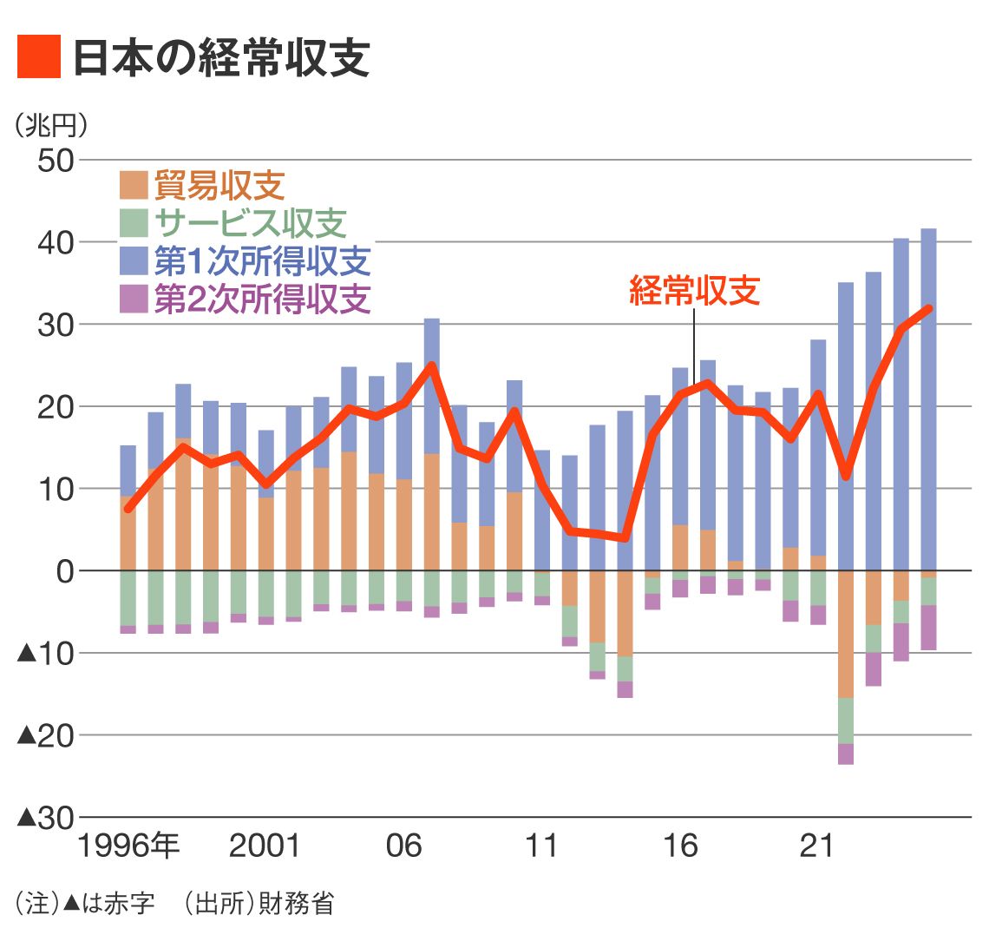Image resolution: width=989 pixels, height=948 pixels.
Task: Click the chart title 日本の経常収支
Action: (221, 57)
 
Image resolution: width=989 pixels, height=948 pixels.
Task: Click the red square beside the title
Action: (39, 57)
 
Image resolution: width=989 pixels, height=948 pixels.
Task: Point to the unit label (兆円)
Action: (51, 126)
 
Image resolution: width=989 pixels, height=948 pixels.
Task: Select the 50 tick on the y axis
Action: (56, 161)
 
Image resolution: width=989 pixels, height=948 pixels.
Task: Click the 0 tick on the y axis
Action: (65, 571)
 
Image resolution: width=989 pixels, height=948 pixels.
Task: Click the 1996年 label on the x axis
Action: (128, 846)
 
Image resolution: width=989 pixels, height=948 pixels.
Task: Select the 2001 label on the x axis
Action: (265, 846)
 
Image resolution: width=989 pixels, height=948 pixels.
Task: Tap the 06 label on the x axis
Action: (403, 846)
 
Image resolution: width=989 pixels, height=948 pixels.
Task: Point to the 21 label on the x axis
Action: (816, 846)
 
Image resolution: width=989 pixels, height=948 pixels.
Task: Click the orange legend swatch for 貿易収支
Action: (134, 186)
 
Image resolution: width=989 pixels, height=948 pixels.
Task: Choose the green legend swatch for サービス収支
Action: (134, 224)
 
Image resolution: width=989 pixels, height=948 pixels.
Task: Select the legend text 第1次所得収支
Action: (262, 261)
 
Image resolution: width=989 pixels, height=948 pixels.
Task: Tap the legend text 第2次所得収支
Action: (262, 299)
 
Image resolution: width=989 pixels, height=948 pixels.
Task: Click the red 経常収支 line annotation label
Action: (694, 291)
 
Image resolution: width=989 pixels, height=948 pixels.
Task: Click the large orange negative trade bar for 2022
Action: (846, 634)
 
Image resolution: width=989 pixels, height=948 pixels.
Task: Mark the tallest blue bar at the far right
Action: (928, 399)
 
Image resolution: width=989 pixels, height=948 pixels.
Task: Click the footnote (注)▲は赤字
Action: (85, 904)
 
